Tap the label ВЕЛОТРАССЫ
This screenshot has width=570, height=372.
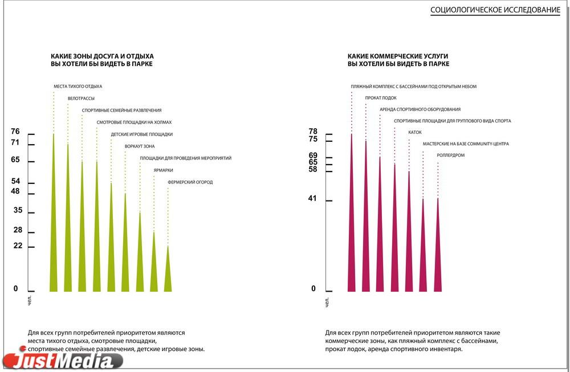(81, 99)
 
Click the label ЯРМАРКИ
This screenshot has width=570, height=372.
(163, 170)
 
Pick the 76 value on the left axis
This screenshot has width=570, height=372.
(15, 132)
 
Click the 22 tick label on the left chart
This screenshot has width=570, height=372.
(18, 246)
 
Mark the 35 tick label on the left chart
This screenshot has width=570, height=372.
(18, 210)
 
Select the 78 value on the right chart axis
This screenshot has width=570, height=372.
(313, 132)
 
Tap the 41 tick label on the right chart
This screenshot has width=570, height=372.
(313, 199)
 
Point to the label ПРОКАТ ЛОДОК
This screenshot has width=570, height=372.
(381, 98)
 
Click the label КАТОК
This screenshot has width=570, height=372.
(415, 132)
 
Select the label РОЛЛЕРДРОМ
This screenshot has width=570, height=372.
(451, 155)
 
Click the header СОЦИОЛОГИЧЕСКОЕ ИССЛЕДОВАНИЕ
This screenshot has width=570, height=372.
(495, 10)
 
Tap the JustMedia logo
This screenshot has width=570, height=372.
(63, 360)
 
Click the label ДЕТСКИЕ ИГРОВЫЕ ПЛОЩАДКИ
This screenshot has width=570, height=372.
(141, 134)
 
